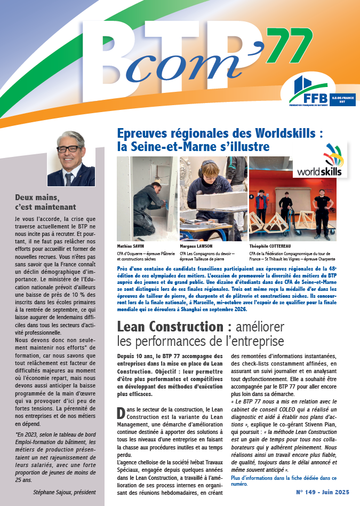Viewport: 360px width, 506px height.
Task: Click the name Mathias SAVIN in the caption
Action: point(131,247)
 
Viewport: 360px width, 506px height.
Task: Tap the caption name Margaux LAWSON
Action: point(196,247)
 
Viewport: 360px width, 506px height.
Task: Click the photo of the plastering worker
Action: point(147,199)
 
